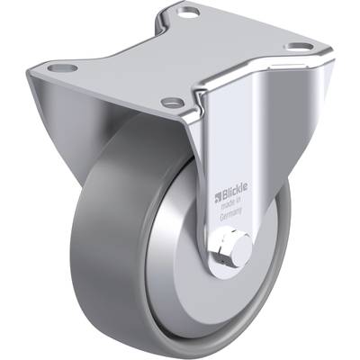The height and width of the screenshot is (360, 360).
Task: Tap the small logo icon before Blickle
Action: click(x=218, y=197)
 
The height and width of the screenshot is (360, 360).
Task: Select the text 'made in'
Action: click(x=231, y=204)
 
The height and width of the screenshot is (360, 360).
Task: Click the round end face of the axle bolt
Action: click(x=242, y=249)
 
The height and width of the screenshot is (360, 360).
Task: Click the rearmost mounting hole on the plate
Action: click(x=188, y=13)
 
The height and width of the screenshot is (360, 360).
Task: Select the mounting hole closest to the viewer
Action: click(x=173, y=103)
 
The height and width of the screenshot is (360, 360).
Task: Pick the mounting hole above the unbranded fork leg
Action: click(x=62, y=67)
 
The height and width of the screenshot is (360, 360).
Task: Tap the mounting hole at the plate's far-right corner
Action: click(x=299, y=47)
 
